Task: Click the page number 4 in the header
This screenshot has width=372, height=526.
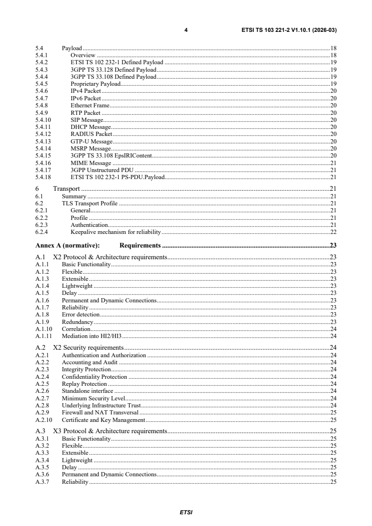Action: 186,30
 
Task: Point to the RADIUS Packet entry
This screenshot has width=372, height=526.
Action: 91,134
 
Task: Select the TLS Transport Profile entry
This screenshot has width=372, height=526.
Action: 90,203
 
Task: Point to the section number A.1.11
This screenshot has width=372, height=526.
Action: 44,336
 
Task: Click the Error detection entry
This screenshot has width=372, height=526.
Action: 81,314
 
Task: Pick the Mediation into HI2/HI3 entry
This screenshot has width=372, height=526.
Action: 92,336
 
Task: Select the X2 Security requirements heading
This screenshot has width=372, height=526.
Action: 88,347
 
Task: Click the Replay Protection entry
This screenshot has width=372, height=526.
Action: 84,384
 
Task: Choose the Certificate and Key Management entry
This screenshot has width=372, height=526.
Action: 103,420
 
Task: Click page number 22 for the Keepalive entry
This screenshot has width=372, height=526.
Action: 333,232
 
